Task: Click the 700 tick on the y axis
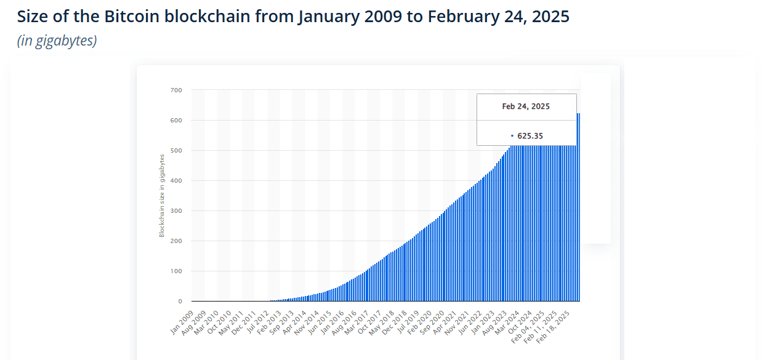tap(176, 90)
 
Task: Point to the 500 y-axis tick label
tap(176, 151)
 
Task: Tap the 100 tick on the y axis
tap(176, 271)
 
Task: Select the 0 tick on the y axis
tap(180, 302)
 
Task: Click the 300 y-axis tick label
tap(176, 211)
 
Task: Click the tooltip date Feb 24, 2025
tap(526, 106)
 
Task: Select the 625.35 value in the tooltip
tap(529, 136)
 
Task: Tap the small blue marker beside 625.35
tap(512, 136)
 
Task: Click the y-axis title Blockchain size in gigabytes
tap(162, 195)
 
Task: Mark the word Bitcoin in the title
tap(132, 17)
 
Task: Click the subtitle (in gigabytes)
tap(57, 41)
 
